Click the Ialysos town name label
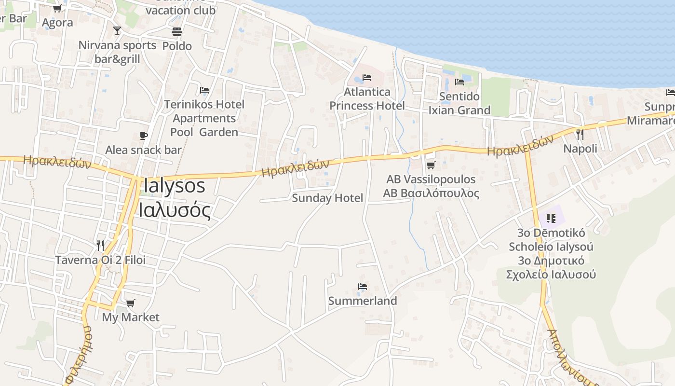pos(174,186)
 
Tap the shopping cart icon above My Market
pos(130,303)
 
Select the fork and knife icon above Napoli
pos(580,134)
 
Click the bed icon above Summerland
pos(363,287)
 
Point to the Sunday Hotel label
pos(327,198)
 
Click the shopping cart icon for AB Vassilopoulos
pos(431,165)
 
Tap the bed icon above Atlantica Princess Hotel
pos(367,78)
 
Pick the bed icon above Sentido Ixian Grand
pos(459,82)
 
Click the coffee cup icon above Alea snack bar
pos(143,136)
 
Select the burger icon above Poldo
pos(177,32)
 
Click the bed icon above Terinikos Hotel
pos(204,90)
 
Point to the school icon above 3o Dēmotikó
pos(551,219)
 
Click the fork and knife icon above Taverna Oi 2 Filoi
pos(100,246)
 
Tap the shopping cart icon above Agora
pos(57,9)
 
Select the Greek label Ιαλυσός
pos(175,210)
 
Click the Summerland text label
pos(363,301)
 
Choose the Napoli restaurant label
pos(580,149)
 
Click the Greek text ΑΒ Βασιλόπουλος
pos(431,193)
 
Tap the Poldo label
pos(177,46)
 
